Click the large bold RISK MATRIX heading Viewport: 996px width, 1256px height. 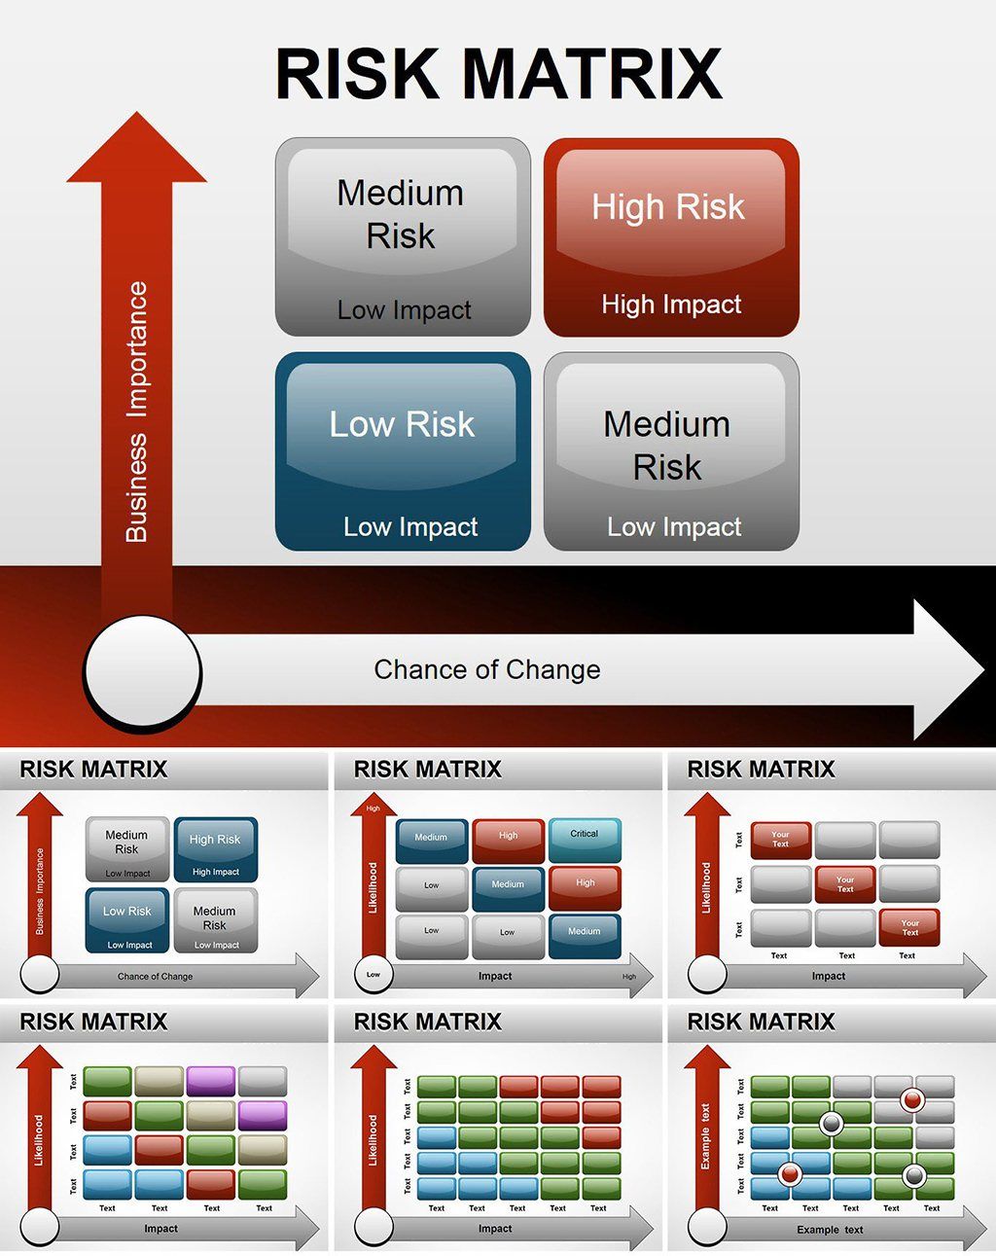498,74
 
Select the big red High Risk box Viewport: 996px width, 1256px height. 671,237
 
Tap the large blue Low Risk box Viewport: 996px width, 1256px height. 403,451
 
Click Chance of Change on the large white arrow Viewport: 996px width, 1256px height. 486,669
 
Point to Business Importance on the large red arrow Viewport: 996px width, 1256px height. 137,412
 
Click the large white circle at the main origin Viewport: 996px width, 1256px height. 143,671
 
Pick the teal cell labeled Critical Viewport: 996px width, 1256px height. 585,839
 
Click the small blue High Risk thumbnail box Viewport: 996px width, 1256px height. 215,848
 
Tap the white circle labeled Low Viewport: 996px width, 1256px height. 373,974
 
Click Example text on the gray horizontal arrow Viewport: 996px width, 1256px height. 830,1230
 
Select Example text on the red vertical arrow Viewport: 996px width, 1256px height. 706,1135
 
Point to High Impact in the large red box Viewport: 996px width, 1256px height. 671,305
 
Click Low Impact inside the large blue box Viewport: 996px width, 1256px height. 410,527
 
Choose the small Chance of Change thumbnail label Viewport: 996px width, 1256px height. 155,976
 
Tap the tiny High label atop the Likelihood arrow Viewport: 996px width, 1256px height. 373,808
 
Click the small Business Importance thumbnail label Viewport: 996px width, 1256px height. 40,890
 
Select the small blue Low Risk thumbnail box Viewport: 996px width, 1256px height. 127,919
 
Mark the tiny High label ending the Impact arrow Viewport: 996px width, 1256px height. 629,977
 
